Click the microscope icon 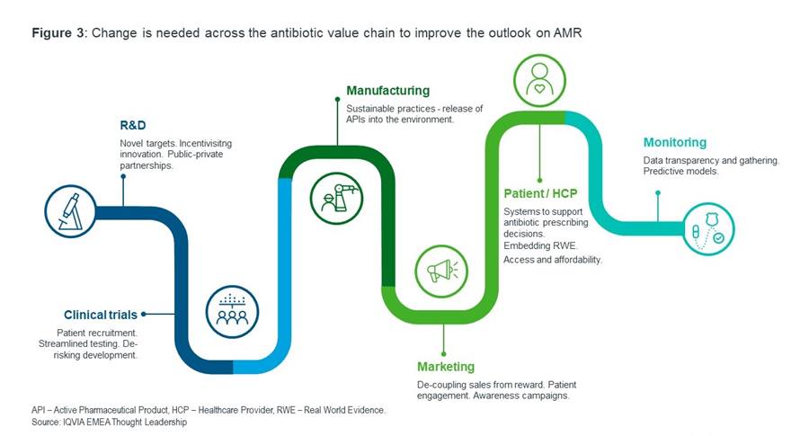(70, 211)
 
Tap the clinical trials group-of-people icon (232, 312)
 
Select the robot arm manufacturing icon (336, 198)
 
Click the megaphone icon (441, 271)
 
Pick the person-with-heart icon (539, 81)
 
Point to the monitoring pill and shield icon (708, 229)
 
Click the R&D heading (133, 125)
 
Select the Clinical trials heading (101, 315)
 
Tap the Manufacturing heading (388, 91)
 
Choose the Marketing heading (446, 367)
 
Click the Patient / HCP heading (540, 193)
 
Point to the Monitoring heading (675, 142)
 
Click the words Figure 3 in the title (51, 33)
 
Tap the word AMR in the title (567, 33)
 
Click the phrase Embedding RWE (540, 245)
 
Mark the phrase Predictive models (680, 172)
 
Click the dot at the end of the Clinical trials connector (144, 314)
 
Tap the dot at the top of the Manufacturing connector (337, 99)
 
